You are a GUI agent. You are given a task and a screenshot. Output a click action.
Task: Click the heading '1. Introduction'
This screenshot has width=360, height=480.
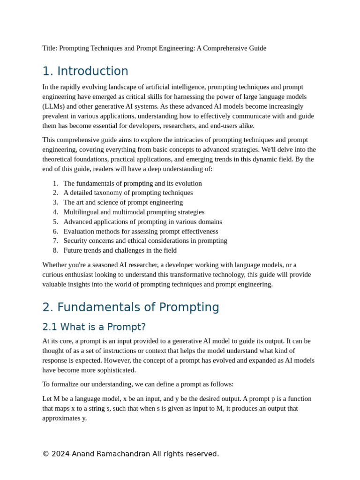85,71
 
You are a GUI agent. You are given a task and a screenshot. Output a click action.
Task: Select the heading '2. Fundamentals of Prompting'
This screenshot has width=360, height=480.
130,307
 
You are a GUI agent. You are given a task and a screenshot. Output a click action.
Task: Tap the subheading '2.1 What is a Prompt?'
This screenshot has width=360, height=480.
94,327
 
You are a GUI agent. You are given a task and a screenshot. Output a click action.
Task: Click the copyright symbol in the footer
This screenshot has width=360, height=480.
45,454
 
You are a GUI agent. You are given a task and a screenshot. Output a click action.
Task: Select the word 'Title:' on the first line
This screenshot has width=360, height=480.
50,48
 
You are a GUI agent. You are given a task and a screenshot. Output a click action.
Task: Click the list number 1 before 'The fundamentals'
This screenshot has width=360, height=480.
55,183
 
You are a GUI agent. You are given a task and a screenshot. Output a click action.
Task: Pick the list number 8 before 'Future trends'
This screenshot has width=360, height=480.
55,250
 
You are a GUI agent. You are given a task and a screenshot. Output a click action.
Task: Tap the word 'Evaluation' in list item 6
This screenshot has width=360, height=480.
80,231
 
